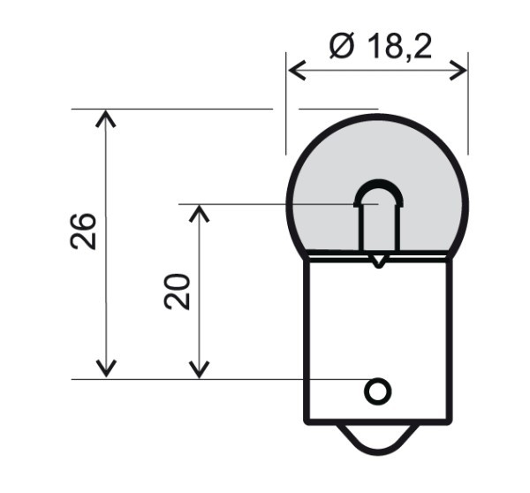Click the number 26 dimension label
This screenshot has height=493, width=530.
pos(85,231)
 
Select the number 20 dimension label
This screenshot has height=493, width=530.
pos(178,291)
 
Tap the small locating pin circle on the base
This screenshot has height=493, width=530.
pos(378,391)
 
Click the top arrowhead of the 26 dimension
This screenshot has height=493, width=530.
pos(106,116)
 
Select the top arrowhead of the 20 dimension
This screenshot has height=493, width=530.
pos(201,211)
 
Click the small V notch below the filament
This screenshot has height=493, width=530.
pos(378,262)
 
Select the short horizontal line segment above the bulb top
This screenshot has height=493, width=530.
pos(337,110)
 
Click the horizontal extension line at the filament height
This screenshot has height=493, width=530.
pos(265,204)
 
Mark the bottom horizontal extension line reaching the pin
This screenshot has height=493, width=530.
pos(221,380)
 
